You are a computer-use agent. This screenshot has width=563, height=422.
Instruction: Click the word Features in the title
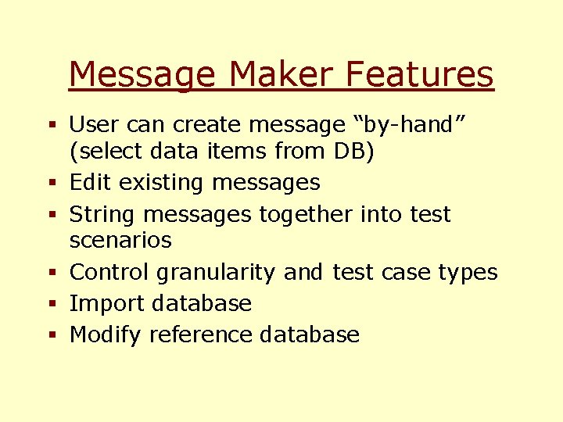tap(419, 75)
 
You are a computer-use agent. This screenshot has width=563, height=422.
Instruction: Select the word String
tap(101, 214)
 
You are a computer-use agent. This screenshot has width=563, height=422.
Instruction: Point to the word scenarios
tap(120, 240)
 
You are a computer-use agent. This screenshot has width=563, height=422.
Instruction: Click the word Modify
tap(106, 335)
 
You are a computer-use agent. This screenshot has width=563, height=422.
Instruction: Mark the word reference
tap(201, 335)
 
